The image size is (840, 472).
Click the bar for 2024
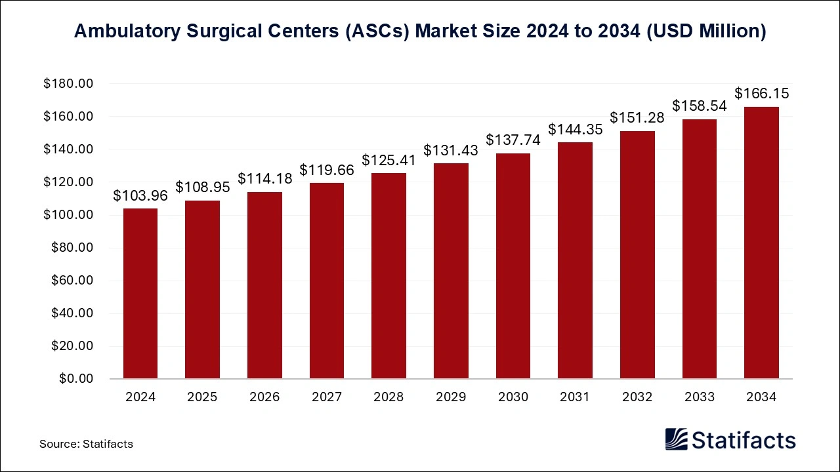pyautogui.click(x=140, y=293)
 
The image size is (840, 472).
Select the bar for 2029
pyautogui.click(x=451, y=271)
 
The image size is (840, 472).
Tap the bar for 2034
pyautogui.click(x=761, y=243)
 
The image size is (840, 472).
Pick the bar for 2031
pyautogui.click(x=575, y=260)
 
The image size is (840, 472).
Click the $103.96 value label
pyautogui.click(x=140, y=195)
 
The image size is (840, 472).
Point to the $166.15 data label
pyautogui.click(x=761, y=94)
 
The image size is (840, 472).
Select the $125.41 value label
pyautogui.click(x=389, y=160)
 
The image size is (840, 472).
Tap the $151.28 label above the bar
pyautogui.click(x=637, y=118)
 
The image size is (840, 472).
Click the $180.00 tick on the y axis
pyautogui.click(x=68, y=84)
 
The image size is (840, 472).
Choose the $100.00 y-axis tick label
pyautogui.click(x=68, y=215)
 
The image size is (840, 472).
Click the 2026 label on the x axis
pyautogui.click(x=264, y=397)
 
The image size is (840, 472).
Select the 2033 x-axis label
pyautogui.click(x=699, y=397)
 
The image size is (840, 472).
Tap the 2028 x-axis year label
pyautogui.click(x=389, y=397)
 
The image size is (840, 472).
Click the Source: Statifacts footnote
pyautogui.click(x=86, y=444)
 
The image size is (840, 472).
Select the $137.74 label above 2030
pyautogui.click(x=513, y=140)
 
